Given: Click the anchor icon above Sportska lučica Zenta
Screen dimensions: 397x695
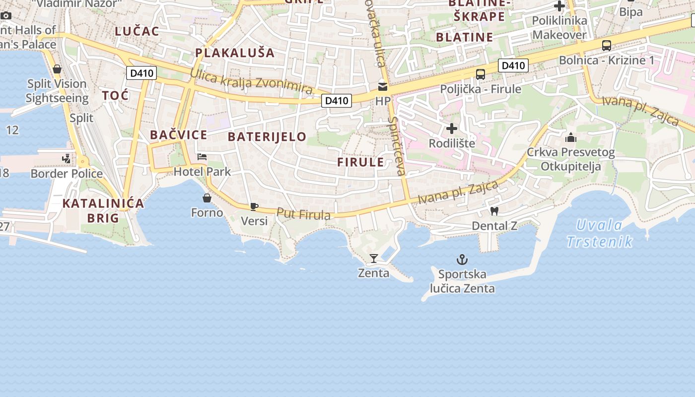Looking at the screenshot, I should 462,260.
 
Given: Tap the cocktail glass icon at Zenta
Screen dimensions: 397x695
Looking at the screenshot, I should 374,258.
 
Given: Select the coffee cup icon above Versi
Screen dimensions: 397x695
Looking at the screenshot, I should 254,206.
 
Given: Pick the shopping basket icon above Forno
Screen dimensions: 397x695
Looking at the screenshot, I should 207,198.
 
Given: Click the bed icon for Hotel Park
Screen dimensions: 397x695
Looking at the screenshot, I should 202,157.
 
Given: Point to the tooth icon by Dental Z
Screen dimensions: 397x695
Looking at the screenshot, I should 494,211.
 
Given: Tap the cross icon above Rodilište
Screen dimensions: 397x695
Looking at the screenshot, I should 451,129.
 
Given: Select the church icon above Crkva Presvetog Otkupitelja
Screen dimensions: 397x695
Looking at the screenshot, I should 571,137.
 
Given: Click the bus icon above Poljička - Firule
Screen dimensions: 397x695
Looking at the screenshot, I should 480,74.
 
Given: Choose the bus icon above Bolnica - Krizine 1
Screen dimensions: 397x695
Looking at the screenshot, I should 606,46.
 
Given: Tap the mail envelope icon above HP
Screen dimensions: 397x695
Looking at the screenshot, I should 383,87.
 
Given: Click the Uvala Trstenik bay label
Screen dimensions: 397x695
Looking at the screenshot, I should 600,233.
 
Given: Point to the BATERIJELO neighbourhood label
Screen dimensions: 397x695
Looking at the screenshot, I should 267,137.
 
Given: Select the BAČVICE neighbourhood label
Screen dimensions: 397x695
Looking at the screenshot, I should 179,134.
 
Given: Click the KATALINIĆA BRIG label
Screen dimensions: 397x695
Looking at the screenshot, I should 103,210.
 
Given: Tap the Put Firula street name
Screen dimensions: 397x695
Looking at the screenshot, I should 303,214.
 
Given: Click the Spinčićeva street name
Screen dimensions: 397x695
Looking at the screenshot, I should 397,146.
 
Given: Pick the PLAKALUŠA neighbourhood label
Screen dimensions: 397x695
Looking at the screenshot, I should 235,53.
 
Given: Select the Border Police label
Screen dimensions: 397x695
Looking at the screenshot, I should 67,174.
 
